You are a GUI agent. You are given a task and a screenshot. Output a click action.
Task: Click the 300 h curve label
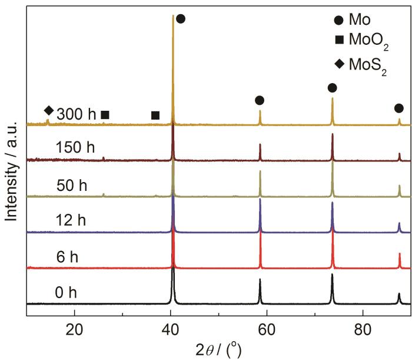click(x=76, y=114)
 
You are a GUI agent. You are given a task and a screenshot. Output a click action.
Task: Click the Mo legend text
click(x=360, y=21)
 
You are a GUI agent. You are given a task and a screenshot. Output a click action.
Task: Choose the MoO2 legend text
click(x=369, y=42)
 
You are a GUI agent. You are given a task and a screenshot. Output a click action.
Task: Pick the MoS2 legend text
click(x=369, y=63)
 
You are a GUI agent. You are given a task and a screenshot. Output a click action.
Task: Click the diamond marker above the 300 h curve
click(x=49, y=110)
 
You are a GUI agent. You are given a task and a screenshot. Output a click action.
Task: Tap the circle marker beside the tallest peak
click(x=181, y=19)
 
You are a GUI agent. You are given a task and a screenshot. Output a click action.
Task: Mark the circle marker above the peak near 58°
click(x=260, y=101)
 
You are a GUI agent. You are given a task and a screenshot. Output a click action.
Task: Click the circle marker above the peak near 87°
click(x=399, y=108)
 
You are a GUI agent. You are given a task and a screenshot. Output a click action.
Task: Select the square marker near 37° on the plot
click(x=155, y=115)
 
